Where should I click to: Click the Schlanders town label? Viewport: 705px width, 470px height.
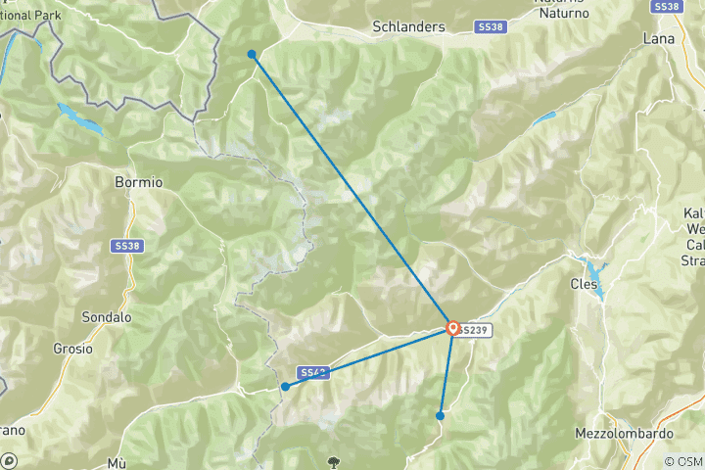[407, 27]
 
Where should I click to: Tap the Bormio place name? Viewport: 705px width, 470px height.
[138, 182]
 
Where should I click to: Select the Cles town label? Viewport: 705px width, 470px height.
[585, 285]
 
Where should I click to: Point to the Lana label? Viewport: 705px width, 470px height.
[659, 38]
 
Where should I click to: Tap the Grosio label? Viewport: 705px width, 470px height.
[73, 348]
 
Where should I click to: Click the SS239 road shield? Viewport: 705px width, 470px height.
[473, 331]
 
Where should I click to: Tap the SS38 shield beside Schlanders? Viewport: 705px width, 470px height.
[491, 27]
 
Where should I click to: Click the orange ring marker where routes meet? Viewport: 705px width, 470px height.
[452, 329]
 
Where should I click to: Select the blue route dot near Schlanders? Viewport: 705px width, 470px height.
[252, 54]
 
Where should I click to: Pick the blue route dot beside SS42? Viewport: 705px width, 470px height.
[285, 387]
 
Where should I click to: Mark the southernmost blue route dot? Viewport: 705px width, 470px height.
[440, 416]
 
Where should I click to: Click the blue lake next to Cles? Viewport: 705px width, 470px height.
[593, 266]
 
